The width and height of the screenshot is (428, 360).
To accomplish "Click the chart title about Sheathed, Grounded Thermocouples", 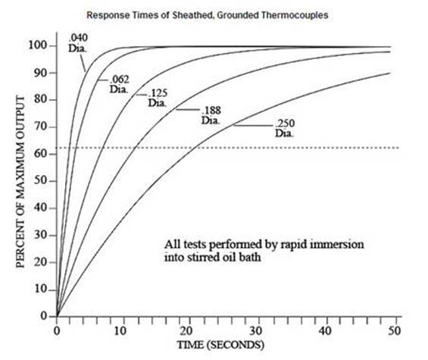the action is point(208,15).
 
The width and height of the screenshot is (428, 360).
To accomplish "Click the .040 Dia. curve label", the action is point(78,43).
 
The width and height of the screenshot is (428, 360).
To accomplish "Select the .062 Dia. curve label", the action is point(119,84).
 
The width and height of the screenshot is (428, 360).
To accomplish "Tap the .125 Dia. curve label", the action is point(158,98).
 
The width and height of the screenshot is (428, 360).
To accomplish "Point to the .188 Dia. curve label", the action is point(211,115).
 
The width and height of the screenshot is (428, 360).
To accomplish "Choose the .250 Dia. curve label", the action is point(285,128).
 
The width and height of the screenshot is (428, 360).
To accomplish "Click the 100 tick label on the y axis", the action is point(38,45).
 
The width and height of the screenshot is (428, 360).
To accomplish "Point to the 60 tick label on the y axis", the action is point(41,154).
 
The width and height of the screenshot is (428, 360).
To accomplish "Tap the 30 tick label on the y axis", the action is point(41,235).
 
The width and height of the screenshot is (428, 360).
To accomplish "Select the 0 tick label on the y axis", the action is point(44,316).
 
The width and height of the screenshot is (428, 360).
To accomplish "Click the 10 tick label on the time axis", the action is point(120,331).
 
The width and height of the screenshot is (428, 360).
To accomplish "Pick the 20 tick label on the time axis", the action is point(186,331).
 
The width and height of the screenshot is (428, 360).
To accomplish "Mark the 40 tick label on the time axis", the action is point(325,331).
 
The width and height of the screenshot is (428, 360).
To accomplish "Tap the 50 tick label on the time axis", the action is point(394,331).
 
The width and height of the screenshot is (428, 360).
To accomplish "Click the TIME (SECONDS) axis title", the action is point(221,345).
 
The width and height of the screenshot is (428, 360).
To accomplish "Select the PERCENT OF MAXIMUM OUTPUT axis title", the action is point(20,182).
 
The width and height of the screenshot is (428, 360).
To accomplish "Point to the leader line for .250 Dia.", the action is point(254,126).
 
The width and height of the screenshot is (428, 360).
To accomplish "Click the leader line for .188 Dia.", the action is point(188,110).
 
